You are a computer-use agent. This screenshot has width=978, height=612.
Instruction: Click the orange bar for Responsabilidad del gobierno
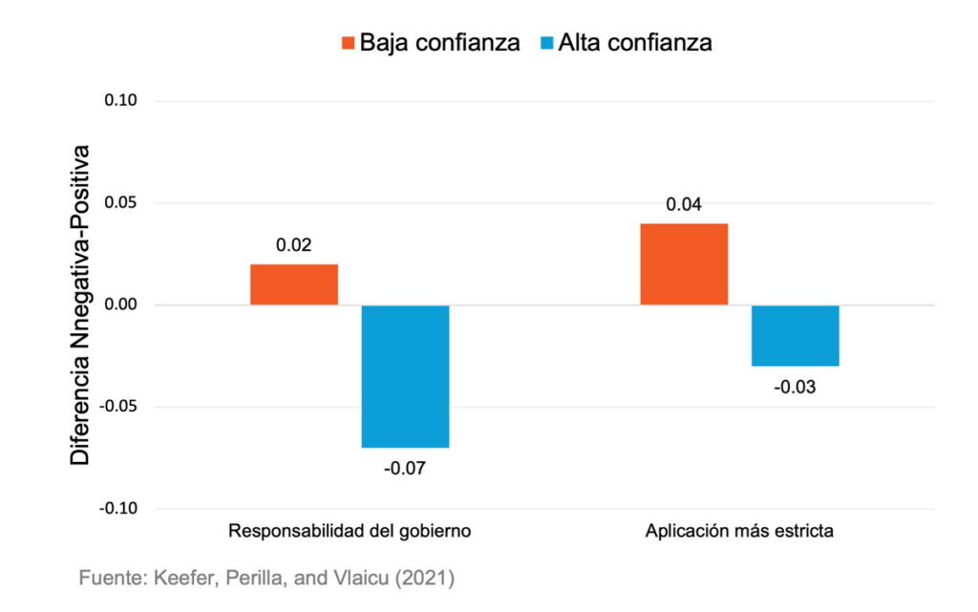pos(294,285)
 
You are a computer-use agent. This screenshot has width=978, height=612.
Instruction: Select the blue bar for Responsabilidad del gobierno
pos(405,376)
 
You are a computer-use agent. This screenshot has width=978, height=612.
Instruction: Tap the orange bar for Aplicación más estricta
pos(684,264)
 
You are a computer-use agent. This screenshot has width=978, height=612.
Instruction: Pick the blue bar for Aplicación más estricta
pos(795,335)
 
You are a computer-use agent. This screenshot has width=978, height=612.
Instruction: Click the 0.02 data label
pos(294,245)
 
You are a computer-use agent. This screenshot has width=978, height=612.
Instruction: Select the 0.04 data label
pos(684,204)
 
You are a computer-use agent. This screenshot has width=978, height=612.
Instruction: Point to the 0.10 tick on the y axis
pos(122,101)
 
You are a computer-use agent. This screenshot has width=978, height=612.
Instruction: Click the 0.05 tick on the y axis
pos(122,203)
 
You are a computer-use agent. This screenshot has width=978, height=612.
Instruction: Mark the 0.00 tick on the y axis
pos(122,306)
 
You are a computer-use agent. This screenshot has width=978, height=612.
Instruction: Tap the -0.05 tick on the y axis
pos(120,408)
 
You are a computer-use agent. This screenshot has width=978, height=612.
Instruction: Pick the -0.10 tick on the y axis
pos(120,509)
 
